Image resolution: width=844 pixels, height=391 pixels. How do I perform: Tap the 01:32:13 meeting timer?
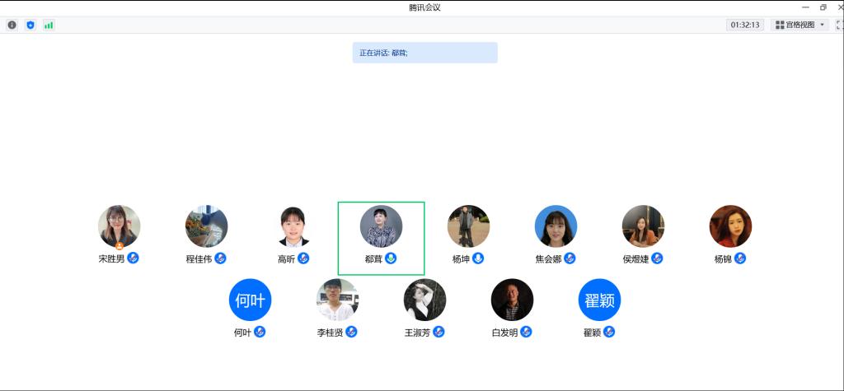point(745,25)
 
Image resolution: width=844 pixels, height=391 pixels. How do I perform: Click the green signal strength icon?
point(49,25)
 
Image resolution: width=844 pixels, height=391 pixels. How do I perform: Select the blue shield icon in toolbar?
point(30,25)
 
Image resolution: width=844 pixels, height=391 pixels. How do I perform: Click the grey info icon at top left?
point(12,25)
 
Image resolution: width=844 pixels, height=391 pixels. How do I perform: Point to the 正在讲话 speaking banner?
point(424,53)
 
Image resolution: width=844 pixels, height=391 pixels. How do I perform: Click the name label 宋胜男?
point(111,258)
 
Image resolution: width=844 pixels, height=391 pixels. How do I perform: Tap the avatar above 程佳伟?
point(206,226)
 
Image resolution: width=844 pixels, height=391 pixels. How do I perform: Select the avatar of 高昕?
point(293,226)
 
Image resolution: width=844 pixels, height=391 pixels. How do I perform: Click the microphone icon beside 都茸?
point(392,258)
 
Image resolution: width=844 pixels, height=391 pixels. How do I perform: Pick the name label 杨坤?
point(461,258)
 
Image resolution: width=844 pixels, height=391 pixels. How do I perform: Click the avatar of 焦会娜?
point(556,226)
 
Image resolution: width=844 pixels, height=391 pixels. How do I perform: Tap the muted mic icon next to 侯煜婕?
point(657,258)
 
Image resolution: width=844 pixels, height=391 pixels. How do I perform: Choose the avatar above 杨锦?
point(730,226)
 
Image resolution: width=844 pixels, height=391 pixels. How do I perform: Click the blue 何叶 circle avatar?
point(250,300)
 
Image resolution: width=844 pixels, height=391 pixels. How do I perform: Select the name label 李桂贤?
point(330,333)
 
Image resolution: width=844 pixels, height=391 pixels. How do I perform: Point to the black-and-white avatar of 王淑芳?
point(424,300)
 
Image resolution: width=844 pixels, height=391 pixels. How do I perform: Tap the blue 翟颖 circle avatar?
point(599,300)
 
